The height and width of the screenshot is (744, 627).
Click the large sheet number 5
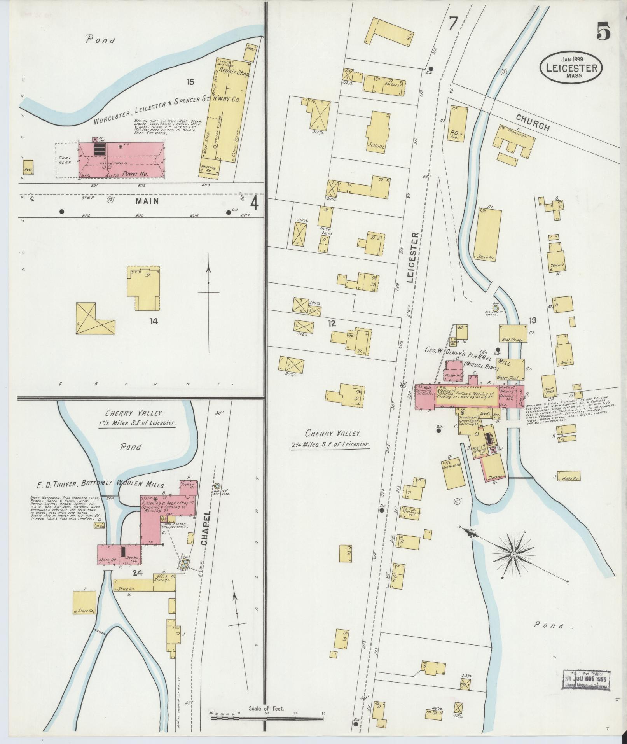[x=604, y=30]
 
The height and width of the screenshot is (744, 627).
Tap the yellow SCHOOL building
[x=376, y=132]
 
